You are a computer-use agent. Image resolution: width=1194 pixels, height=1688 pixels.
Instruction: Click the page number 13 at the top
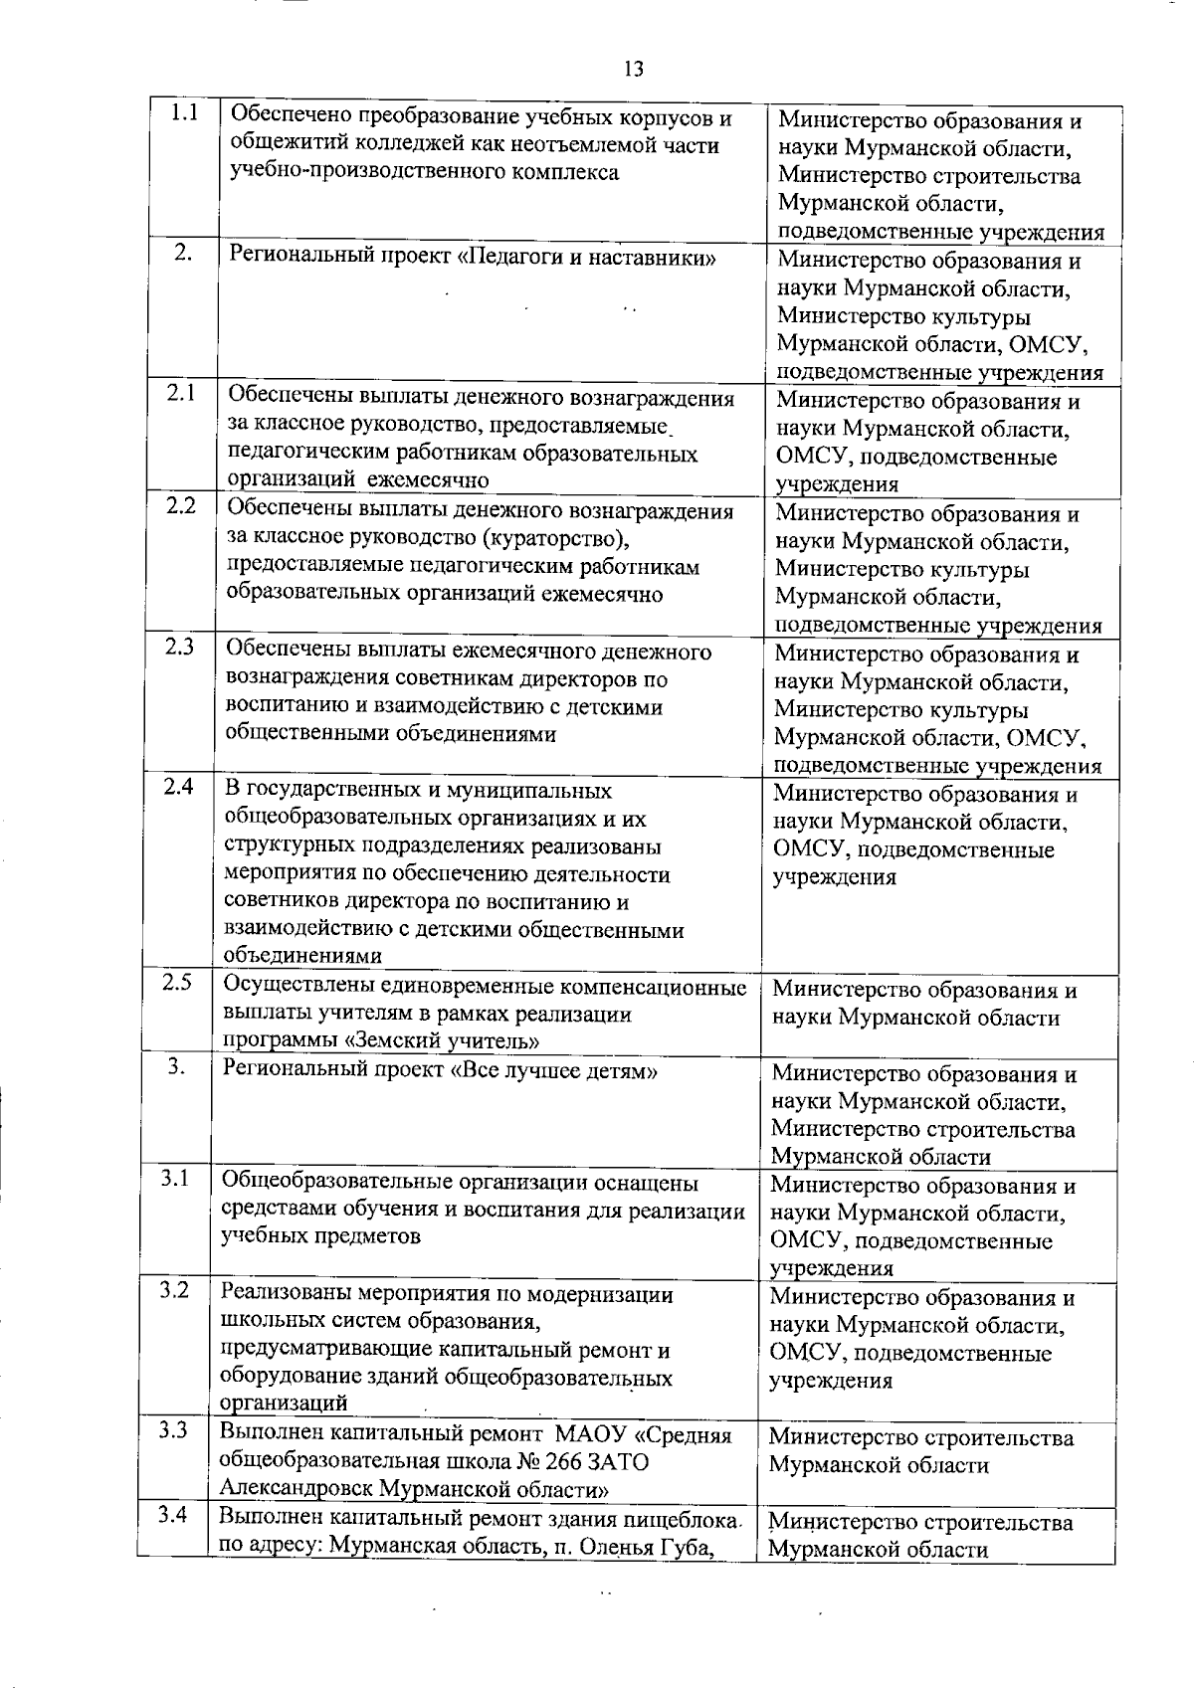[x=634, y=69]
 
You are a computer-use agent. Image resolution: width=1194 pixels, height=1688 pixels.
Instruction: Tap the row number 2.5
[x=177, y=983]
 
